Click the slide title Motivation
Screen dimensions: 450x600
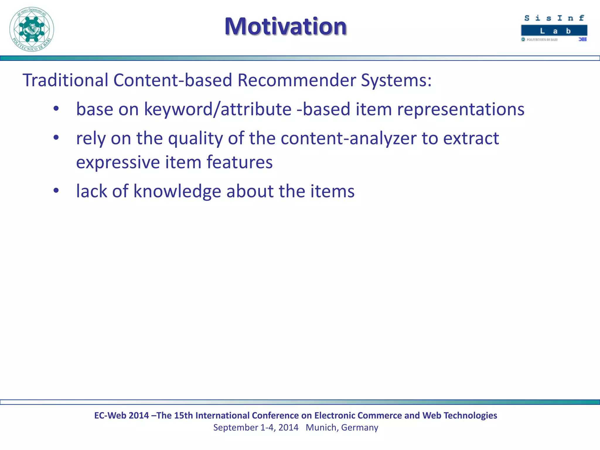click(286, 26)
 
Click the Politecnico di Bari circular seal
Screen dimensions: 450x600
click(32, 29)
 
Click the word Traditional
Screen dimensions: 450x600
click(65, 80)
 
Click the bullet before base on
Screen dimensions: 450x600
click(56, 109)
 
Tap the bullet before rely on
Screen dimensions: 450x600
click(56, 137)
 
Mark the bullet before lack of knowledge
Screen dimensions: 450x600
click(56, 191)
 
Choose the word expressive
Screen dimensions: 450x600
click(118, 163)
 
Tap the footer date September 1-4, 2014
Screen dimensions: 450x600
click(255, 427)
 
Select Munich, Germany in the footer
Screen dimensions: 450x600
click(342, 427)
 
